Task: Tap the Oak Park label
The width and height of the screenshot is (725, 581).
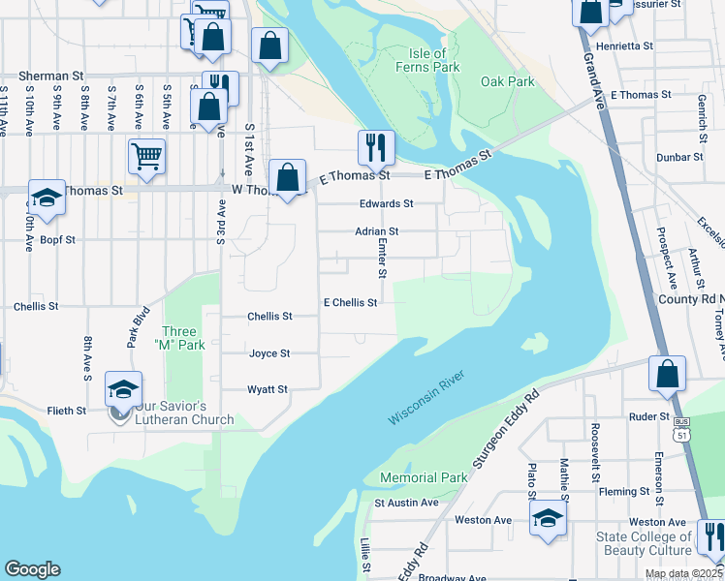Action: point(508,81)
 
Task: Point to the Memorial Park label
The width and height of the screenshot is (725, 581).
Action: point(424,478)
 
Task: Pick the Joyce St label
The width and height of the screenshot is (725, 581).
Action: point(269,353)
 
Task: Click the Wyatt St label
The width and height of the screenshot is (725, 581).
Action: point(268,389)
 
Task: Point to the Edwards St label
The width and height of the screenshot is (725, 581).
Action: point(386,203)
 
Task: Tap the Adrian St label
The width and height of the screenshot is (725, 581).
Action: point(377,231)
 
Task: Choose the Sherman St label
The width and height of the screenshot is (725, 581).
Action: point(40,75)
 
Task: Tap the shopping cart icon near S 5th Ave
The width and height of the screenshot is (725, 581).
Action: point(146,155)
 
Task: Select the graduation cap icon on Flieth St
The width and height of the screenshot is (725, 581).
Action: point(123,389)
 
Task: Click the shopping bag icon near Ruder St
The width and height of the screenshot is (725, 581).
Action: point(667,374)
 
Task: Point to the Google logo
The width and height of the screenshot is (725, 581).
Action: point(32,569)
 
